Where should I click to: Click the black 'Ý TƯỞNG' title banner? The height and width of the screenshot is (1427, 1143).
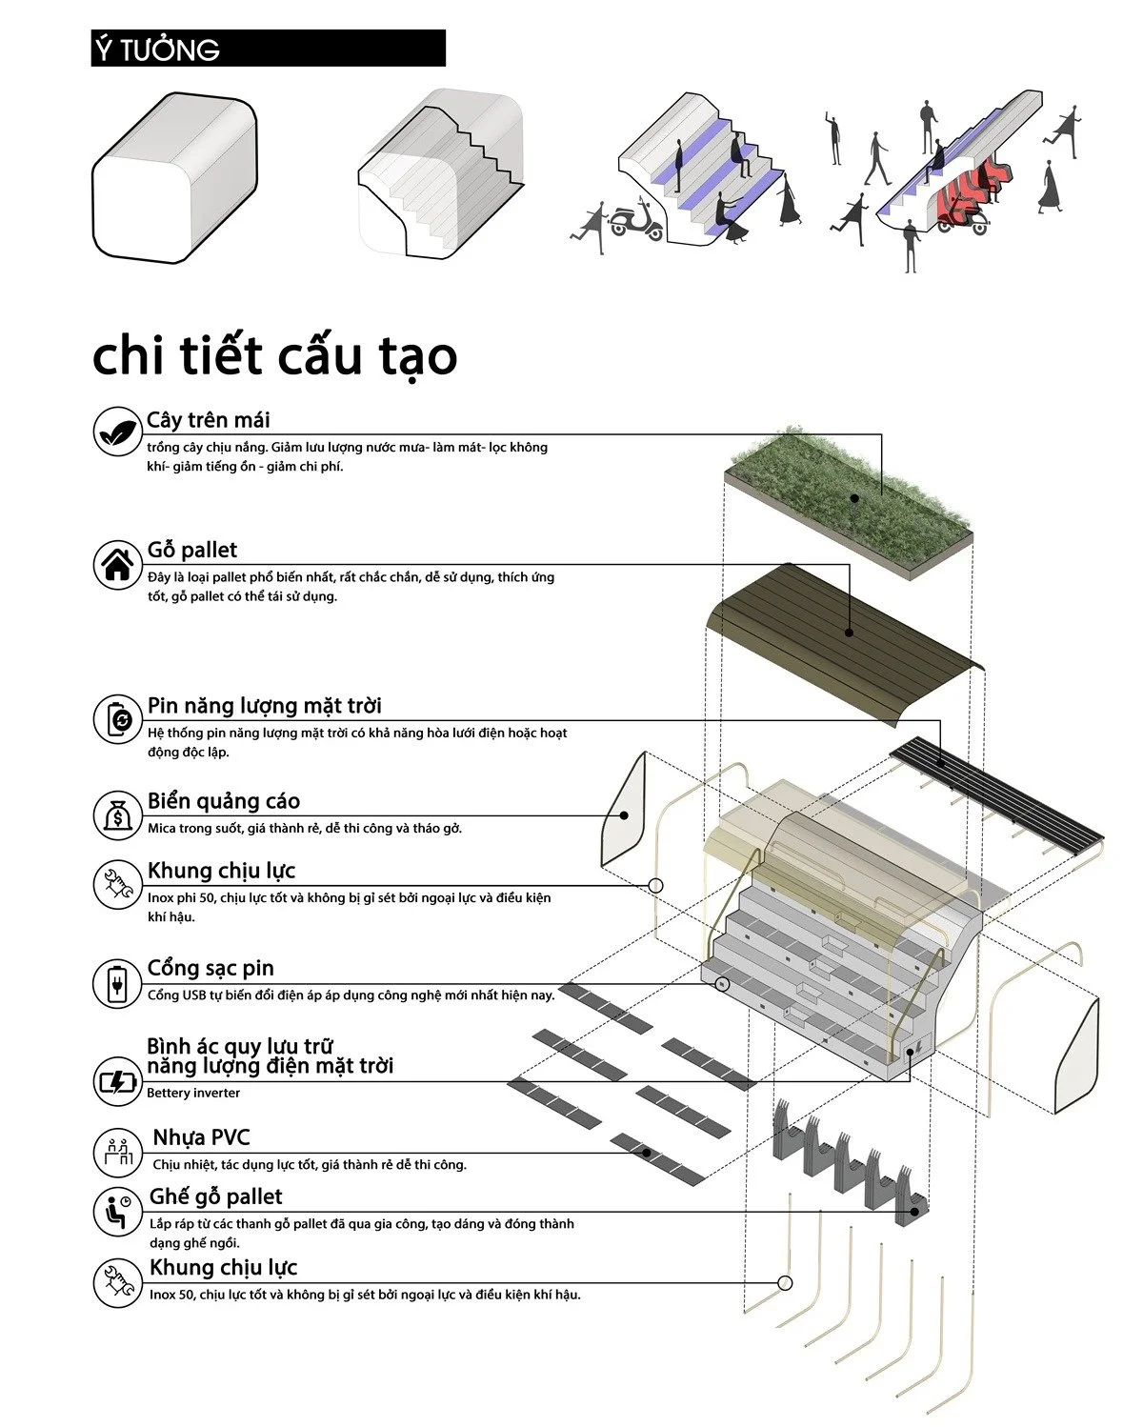268,49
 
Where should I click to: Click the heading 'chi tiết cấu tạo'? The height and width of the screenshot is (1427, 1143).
274,356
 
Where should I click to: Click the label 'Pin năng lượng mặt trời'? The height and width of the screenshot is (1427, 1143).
264,706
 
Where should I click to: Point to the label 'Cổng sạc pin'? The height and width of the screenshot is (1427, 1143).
211,968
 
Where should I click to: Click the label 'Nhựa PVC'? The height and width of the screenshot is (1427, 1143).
201,1137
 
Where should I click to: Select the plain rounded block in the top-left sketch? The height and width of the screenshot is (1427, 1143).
174,178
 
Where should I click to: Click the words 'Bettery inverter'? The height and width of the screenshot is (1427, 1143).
193,1093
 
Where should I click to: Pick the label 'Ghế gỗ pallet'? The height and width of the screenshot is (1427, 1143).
216,1196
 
